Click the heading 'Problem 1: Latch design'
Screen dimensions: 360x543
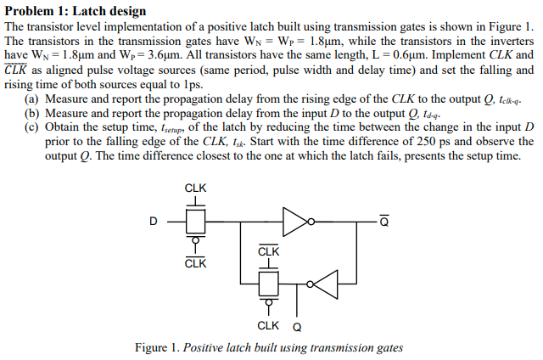coord(76,11)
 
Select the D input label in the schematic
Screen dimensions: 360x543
coord(154,222)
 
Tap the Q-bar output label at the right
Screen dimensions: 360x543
coord(384,222)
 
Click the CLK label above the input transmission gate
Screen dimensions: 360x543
coord(195,188)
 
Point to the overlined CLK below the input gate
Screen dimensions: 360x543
coord(195,262)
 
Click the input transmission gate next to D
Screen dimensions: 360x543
coord(195,222)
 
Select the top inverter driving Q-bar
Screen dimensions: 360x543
coord(298,222)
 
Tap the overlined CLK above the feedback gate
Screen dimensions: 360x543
coord(268,251)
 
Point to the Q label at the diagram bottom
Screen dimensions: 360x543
coord(296,325)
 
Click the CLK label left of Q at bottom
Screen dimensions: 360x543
coord(268,325)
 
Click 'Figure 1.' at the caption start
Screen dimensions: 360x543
coord(158,348)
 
